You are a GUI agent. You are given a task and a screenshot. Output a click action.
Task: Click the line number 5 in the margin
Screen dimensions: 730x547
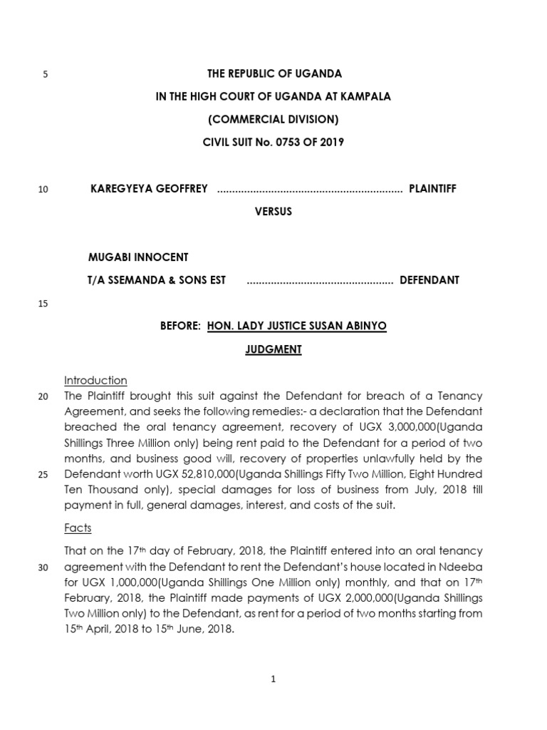pos(45,75)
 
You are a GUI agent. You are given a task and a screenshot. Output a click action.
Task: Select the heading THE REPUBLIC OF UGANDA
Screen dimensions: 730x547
pos(274,74)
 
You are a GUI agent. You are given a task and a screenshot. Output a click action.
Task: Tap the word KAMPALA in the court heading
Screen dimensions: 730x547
pos(365,97)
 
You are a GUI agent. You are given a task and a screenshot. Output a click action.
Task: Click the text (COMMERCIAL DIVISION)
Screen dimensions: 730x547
pos(274,119)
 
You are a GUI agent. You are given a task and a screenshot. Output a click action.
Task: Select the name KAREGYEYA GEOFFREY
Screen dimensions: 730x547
pos(149,189)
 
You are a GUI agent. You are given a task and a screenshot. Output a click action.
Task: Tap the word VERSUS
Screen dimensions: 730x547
pos(274,212)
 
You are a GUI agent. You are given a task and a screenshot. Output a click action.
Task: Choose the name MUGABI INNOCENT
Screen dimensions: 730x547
pos(138,257)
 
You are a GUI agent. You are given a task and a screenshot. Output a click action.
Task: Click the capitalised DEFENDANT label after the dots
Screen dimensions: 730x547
pos(429,280)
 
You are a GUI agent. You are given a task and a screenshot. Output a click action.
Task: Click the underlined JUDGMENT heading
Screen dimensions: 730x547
pos(274,349)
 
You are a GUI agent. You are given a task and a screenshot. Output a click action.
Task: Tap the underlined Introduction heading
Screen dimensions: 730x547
pos(95,380)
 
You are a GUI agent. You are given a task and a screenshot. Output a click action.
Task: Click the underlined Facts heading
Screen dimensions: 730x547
pos(78,529)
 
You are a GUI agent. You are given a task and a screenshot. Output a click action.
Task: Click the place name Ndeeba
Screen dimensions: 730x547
pos(464,566)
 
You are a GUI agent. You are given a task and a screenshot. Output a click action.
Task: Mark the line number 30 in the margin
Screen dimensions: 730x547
pos(43,567)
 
